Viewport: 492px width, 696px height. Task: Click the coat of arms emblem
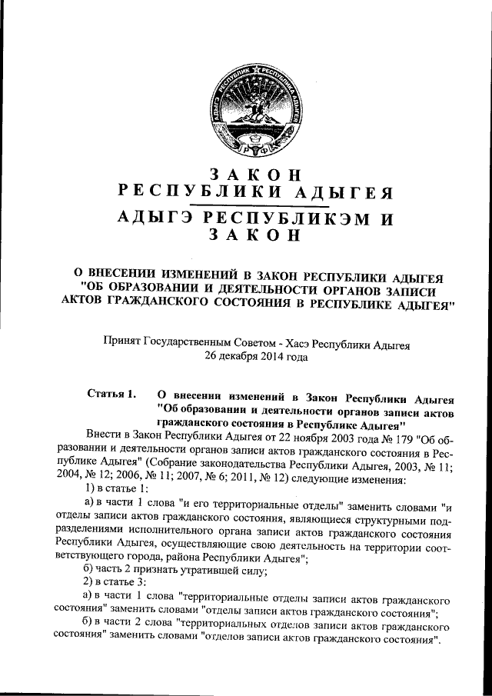click(x=247, y=107)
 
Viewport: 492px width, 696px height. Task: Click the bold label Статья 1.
click(x=111, y=396)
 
